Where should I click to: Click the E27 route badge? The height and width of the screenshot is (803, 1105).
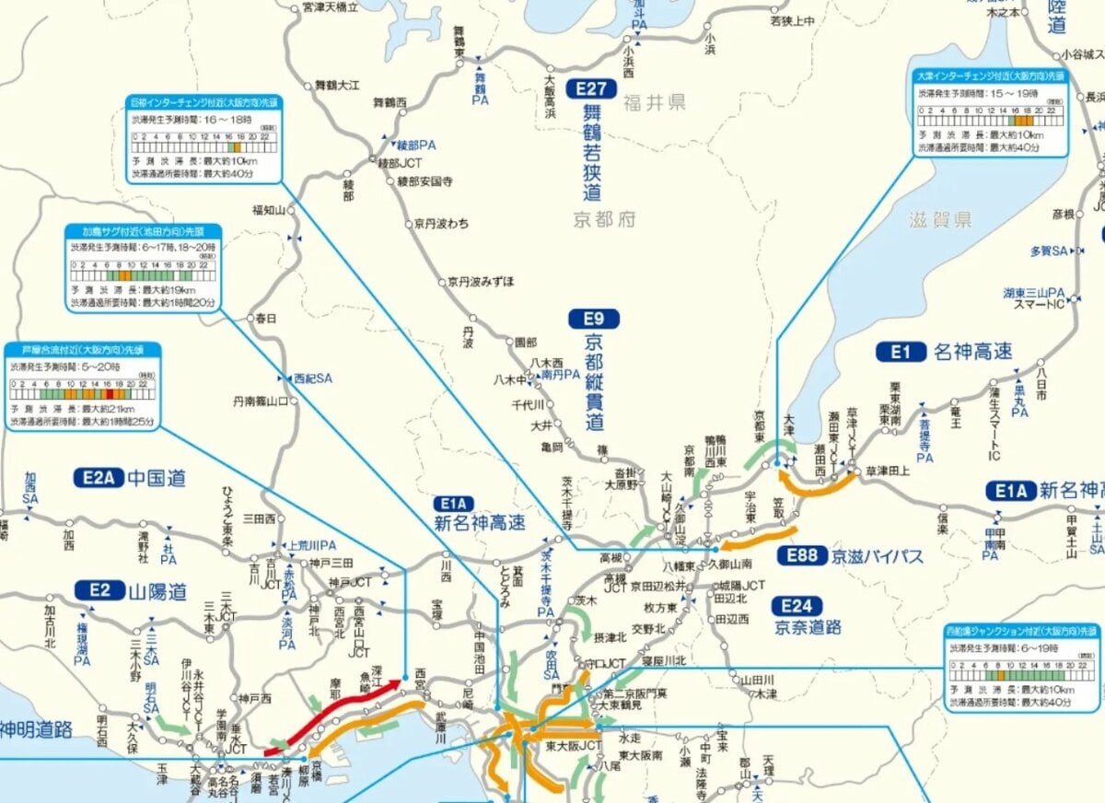point(591,89)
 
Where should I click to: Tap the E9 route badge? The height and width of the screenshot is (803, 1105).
point(592,320)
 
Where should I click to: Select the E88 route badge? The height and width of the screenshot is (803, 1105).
point(800,555)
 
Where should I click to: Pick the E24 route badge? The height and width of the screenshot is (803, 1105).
point(795,605)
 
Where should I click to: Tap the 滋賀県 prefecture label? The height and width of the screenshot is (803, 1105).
point(940,219)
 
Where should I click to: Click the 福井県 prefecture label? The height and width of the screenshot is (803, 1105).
point(654,102)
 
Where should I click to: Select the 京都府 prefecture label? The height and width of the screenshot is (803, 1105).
point(604,219)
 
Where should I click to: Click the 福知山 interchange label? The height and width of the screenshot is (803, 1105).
point(270,210)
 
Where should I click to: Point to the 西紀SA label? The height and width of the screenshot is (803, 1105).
point(312,378)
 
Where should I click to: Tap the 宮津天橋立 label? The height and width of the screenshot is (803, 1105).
point(330,7)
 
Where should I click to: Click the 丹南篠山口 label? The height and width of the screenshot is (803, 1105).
point(260,401)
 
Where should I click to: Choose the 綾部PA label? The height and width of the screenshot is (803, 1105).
point(415,145)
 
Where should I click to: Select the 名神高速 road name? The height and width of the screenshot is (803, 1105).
point(972,351)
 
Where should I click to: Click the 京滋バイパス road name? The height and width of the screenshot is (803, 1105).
point(877,556)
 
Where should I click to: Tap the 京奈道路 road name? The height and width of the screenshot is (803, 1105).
point(808,627)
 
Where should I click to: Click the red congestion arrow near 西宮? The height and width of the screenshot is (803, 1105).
point(336,715)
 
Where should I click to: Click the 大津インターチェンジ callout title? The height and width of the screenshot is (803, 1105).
point(991,76)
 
